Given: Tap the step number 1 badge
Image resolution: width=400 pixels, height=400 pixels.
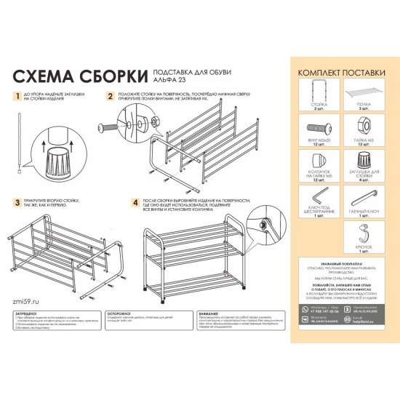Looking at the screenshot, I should click(17, 95).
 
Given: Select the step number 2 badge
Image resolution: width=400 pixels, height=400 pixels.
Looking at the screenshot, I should click(110, 95).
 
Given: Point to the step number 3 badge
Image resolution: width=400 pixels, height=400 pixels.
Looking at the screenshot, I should click(17, 202).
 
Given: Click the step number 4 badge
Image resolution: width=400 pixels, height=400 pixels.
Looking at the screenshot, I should click(136, 202).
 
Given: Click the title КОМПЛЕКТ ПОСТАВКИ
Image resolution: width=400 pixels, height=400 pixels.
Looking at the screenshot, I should click(340, 73).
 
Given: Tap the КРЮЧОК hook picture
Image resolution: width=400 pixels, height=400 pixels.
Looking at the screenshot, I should click(366, 235).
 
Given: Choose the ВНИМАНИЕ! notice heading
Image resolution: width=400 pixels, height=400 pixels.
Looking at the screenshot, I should click(211, 311).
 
